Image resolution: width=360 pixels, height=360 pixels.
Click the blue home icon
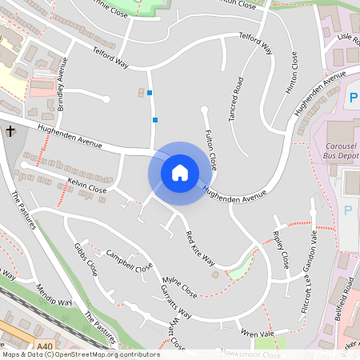tap(179, 173)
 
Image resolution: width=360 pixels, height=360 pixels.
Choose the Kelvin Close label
tap(87, 188)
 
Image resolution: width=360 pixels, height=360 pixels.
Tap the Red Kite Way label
tap(200, 248)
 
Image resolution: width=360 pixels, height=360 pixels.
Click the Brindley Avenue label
tap(63, 83)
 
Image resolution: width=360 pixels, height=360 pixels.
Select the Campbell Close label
tap(129, 263)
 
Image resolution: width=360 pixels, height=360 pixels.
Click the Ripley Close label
tap(280, 249)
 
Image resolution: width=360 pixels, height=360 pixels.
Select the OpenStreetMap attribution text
tap(80, 354)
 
